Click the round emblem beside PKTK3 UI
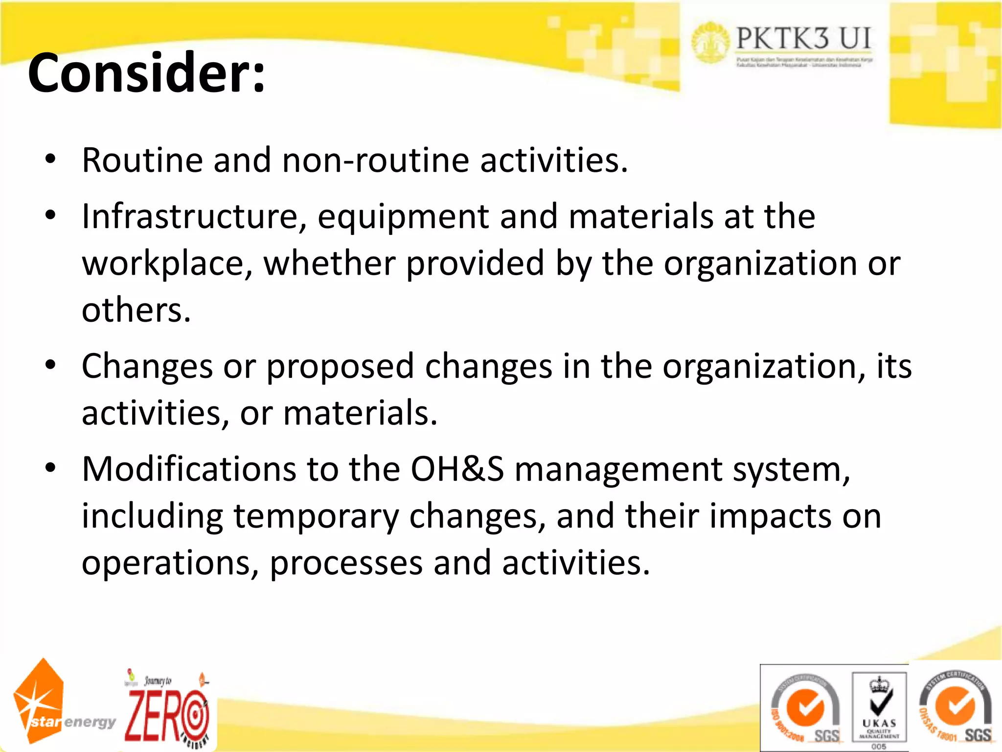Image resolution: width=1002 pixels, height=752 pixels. pyautogui.click(x=710, y=43)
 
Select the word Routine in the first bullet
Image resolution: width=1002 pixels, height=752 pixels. pyautogui.click(x=141, y=160)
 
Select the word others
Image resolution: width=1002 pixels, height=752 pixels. pyautogui.click(x=136, y=310)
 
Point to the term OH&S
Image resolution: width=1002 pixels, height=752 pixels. pyautogui.click(x=456, y=469)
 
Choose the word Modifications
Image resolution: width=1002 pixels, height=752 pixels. pyautogui.click(x=189, y=469)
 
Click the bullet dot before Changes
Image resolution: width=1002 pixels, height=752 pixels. pyautogui.click(x=50, y=365)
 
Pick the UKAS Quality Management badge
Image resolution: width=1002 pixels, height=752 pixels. pyautogui.click(x=879, y=708)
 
